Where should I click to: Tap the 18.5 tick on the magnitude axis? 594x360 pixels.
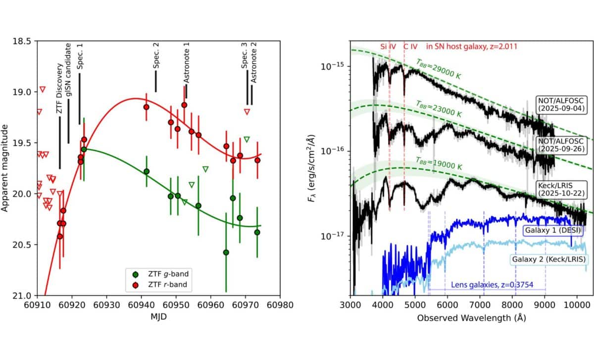tap(24, 41)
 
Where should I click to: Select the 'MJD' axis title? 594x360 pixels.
tap(158, 316)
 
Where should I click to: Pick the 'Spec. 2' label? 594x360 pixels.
tap(156, 55)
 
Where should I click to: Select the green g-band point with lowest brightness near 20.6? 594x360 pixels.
tap(226, 252)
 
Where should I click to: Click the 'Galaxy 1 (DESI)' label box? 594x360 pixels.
tap(547, 231)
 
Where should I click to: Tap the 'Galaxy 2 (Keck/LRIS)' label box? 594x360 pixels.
tap(546, 259)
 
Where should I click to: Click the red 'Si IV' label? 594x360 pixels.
tap(388, 47)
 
